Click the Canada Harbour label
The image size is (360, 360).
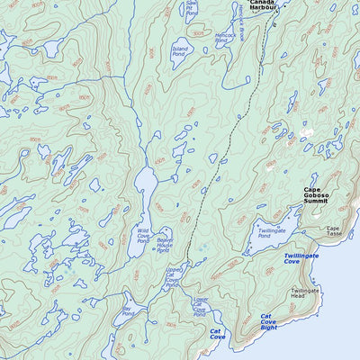click(x=262, y=6)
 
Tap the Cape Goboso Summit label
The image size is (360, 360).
click(x=316, y=195)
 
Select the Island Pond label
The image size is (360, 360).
click(x=180, y=50)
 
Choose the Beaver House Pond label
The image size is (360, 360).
click(x=164, y=245)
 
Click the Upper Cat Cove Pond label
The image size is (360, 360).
click(x=175, y=275)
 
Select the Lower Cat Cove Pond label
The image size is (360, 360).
click(x=200, y=307)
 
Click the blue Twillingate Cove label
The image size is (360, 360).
click(x=301, y=258)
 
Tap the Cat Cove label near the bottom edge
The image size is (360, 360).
click(x=217, y=335)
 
